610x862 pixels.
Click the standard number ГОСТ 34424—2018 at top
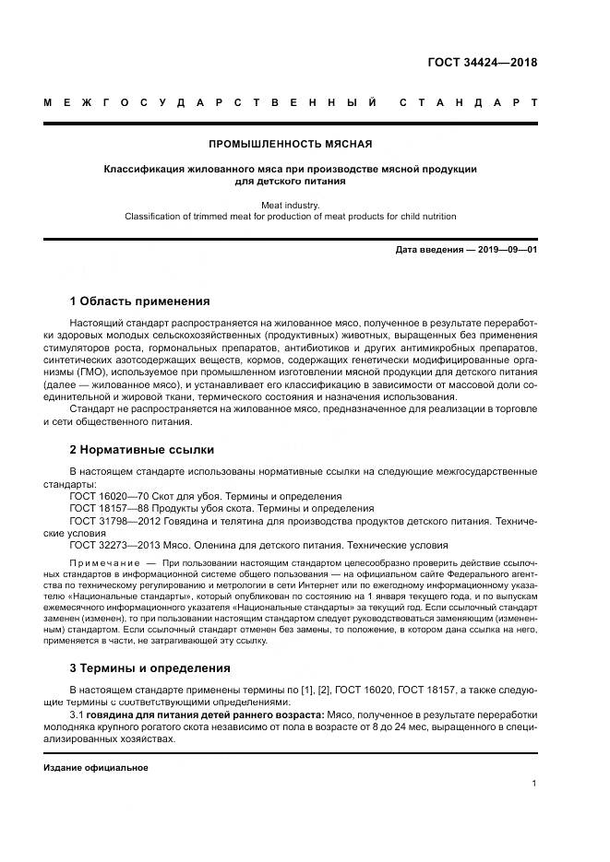(x=482, y=63)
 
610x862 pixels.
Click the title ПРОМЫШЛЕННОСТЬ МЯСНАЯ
(x=291, y=145)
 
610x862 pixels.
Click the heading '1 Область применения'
(x=139, y=301)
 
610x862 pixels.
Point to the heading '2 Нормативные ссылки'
(x=141, y=450)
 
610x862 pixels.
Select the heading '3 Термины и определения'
(x=150, y=667)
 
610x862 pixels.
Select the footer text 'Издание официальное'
(x=95, y=767)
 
